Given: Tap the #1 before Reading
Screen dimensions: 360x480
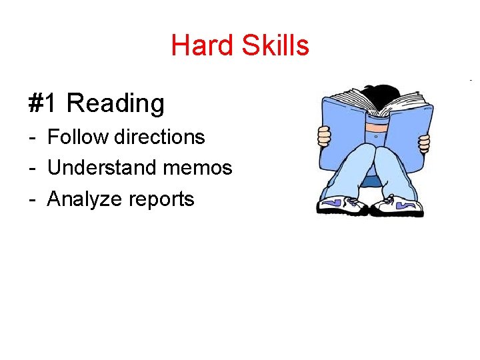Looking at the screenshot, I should (44, 103).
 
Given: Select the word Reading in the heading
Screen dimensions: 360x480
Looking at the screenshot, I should (115, 103).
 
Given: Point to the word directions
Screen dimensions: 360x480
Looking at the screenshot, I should (159, 137).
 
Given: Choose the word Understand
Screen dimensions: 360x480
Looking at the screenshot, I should (101, 167).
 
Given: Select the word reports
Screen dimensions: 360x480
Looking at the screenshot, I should (161, 199).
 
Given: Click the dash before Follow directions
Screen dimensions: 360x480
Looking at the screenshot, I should (33, 137).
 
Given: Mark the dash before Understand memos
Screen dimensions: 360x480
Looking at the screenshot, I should (33, 168).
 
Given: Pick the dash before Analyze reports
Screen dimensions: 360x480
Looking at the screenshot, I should (33, 199).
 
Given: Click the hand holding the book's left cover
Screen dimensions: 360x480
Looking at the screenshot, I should (324, 137).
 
